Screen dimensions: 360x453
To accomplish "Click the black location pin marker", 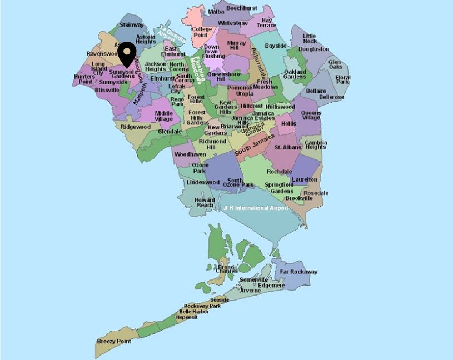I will click(127, 54).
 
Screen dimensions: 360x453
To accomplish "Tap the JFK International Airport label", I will click(256, 208).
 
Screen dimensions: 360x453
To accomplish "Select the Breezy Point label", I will click(114, 341).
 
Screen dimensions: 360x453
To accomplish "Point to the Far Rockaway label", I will click(298, 272).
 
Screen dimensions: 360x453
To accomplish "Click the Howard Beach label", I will click(205, 203).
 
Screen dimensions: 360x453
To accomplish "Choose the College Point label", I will click(202, 32).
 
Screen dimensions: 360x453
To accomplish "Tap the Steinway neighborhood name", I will click(132, 25).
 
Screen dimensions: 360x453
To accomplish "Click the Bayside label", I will click(276, 46).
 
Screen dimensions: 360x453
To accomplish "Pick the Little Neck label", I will click(309, 39).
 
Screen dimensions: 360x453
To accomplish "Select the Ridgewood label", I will click(136, 127).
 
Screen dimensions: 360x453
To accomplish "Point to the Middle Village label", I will click(164, 116).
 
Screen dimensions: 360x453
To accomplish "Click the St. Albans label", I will click(288, 147).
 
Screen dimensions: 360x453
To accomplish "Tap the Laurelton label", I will click(304, 180).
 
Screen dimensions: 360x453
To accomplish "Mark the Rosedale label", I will click(316, 193).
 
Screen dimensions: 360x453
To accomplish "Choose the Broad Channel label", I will click(227, 269).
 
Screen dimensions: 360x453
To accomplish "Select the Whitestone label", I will click(233, 23).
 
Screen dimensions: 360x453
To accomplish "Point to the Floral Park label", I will click(342, 79).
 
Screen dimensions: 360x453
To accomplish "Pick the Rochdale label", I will click(279, 172).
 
